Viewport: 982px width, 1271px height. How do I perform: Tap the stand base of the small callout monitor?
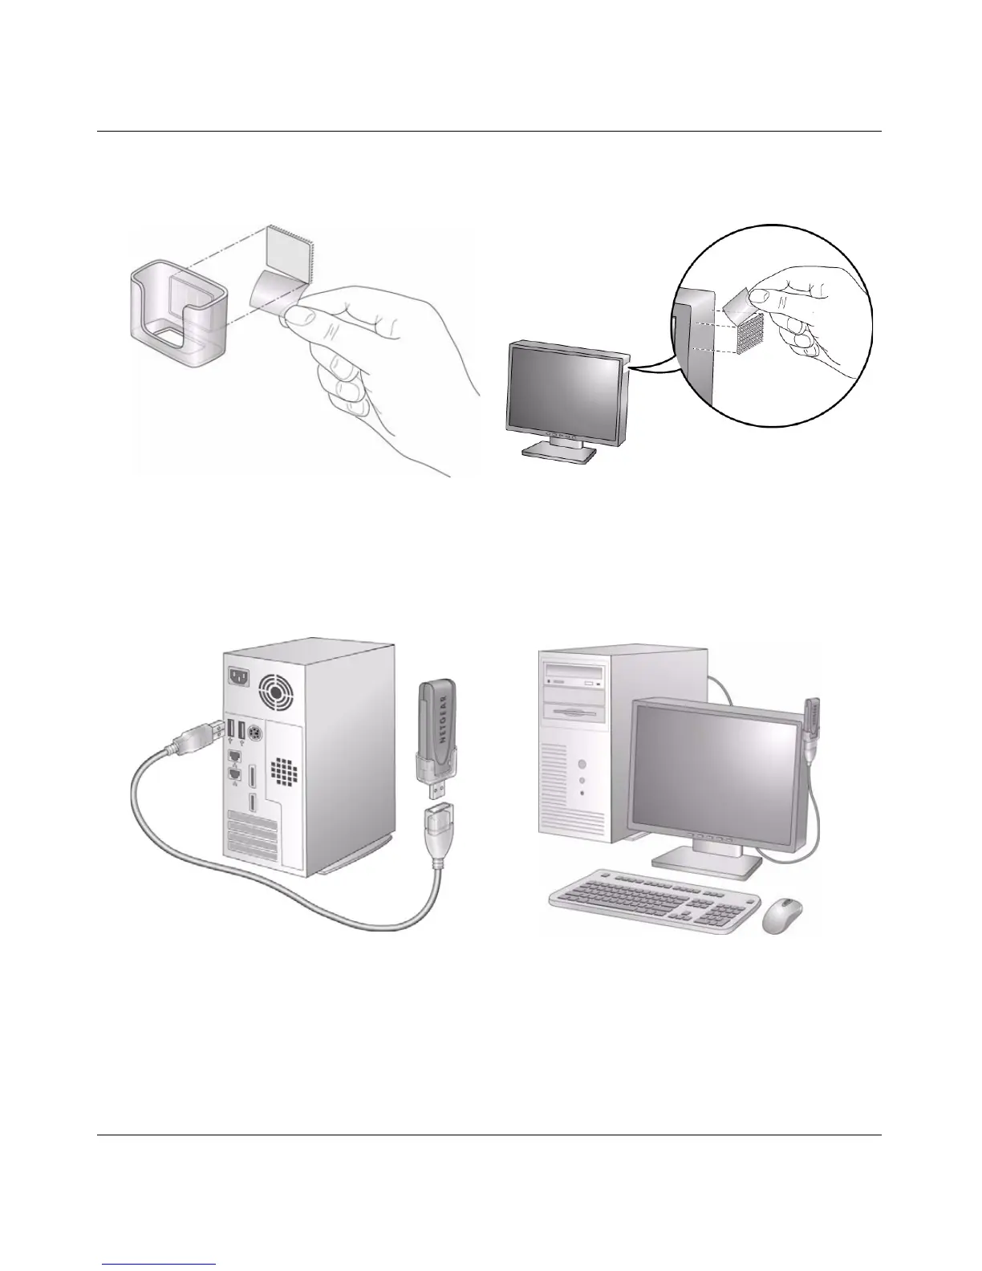coord(559,451)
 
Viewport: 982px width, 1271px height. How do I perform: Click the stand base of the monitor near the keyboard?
coord(705,863)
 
